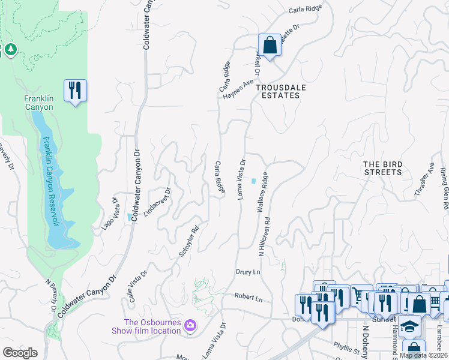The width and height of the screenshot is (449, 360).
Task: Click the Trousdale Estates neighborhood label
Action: click(x=277, y=91)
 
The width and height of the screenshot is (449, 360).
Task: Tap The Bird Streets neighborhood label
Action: click(x=382, y=167)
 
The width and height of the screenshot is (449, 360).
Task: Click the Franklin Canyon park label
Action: click(x=39, y=103)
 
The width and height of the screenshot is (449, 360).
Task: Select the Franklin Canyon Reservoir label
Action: click(x=52, y=180)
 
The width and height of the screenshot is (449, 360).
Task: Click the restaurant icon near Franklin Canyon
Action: click(x=75, y=91)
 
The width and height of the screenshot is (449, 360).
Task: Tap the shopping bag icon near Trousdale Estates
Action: click(x=270, y=44)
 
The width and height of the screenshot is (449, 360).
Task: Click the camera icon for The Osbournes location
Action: click(x=191, y=326)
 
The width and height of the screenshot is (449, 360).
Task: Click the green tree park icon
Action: click(x=11, y=48)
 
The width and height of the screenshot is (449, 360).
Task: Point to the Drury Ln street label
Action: click(x=247, y=272)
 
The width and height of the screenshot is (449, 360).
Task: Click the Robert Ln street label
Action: click(x=249, y=298)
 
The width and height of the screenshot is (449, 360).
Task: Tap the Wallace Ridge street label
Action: click(x=262, y=193)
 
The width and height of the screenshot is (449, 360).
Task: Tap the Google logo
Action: click(x=20, y=353)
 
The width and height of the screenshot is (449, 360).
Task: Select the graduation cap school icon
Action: click(x=410, y=326)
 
